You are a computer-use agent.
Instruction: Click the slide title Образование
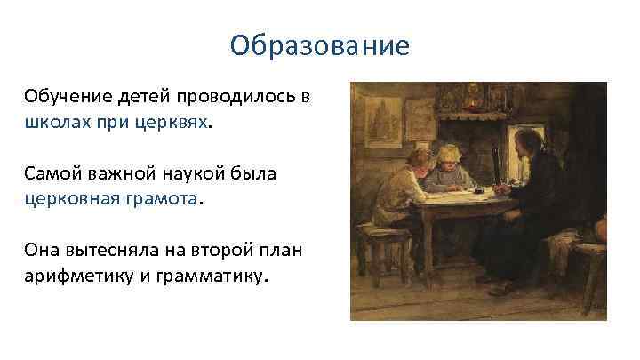(x=319, y=44)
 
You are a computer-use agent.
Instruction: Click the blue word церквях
(x=176, y=122)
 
